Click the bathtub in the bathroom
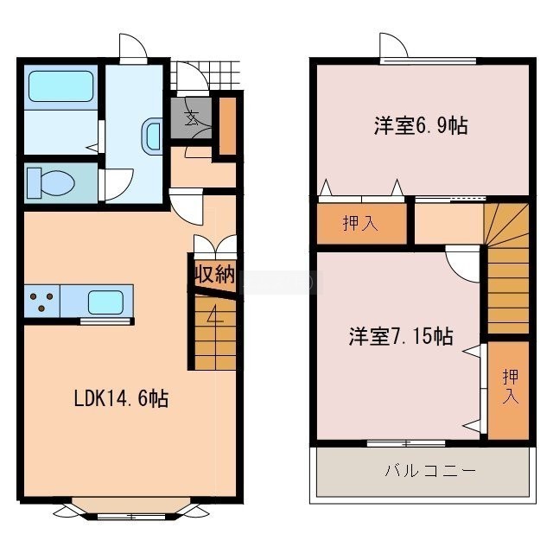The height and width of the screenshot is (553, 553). coord(60,86)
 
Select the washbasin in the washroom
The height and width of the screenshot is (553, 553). coord(152,136)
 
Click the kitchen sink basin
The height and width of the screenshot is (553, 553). coord(105,302)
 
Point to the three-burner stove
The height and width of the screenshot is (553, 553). coord(42,302)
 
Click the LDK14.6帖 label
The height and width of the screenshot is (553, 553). coord(121,399)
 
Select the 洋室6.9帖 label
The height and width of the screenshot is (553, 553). coord(421,125)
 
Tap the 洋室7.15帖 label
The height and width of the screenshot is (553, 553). coord(401,336)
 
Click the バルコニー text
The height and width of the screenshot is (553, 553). coord(430,471)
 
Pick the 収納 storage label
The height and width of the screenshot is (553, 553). coord(215,274)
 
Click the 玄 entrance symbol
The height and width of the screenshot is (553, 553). coord(191,118)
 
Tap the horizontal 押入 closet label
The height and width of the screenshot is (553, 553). coord(360,223)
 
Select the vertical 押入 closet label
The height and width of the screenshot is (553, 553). coord(511,386)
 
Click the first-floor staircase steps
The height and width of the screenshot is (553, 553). coord(215,334)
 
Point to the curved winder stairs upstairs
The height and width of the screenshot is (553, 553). coord(506,225)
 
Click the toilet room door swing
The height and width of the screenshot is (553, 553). coord(118,184)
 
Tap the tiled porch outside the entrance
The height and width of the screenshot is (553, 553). coord(205,75)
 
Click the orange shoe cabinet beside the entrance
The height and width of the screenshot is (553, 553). coord(228,126)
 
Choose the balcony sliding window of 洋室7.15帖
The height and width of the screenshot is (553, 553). coord(406,443)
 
